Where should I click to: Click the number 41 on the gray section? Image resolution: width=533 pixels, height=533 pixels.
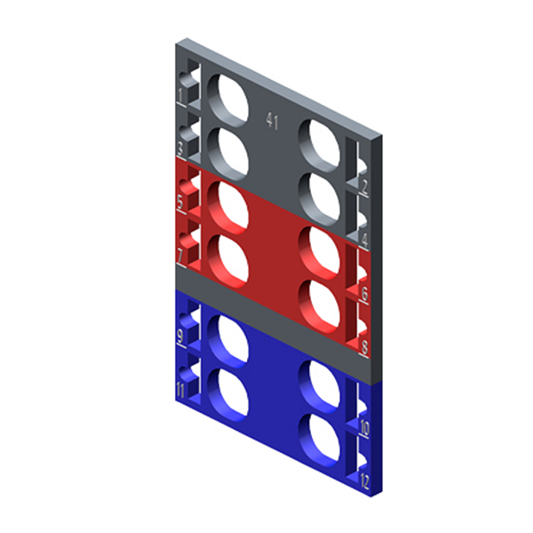272,122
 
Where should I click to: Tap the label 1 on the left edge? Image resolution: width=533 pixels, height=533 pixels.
181,93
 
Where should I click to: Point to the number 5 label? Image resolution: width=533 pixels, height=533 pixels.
181,203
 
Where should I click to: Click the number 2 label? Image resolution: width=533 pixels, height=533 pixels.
364,187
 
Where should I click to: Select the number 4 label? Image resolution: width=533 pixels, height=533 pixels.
364,239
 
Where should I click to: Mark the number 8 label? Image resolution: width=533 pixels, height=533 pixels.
364,346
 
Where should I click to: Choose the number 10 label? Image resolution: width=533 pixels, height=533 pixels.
364,428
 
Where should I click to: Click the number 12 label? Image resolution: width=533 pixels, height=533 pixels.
364,482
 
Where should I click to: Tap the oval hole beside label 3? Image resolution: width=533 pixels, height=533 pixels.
229,149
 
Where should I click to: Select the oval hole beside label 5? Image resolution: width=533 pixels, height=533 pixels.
229,205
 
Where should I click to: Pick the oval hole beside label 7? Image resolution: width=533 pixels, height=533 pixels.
229,258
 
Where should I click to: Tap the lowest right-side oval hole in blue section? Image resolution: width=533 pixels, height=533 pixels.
321,437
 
